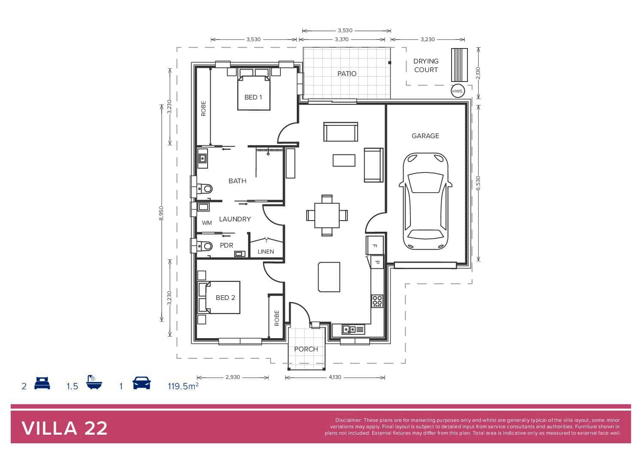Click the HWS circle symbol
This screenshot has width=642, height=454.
tap(458, 91)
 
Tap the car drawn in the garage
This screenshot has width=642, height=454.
tap(425, 201)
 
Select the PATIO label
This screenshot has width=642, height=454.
tap(347, 74)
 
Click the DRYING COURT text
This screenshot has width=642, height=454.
tap(426, 65)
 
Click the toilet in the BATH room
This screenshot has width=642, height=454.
tap(205, 189)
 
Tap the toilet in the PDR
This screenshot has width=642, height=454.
tap(205, 246)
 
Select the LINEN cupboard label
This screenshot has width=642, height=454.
tap(266, 251)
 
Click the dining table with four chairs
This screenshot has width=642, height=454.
tap(327, 215)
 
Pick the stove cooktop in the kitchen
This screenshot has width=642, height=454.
tap(377, 301)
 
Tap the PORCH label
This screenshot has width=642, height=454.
tap(306, 349)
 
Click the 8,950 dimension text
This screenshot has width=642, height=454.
tap(161, 213)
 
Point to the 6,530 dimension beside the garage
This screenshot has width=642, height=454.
tap(478, 183)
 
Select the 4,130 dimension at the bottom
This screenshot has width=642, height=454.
tap(335, 377)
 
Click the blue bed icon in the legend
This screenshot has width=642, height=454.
tap(42, 383)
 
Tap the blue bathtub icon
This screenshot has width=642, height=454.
tap(94, 382)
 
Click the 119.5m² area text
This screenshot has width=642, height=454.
tap(183, 386)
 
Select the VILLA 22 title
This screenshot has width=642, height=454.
tap(64, 429)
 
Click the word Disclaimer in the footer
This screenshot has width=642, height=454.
tap(348, 420)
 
